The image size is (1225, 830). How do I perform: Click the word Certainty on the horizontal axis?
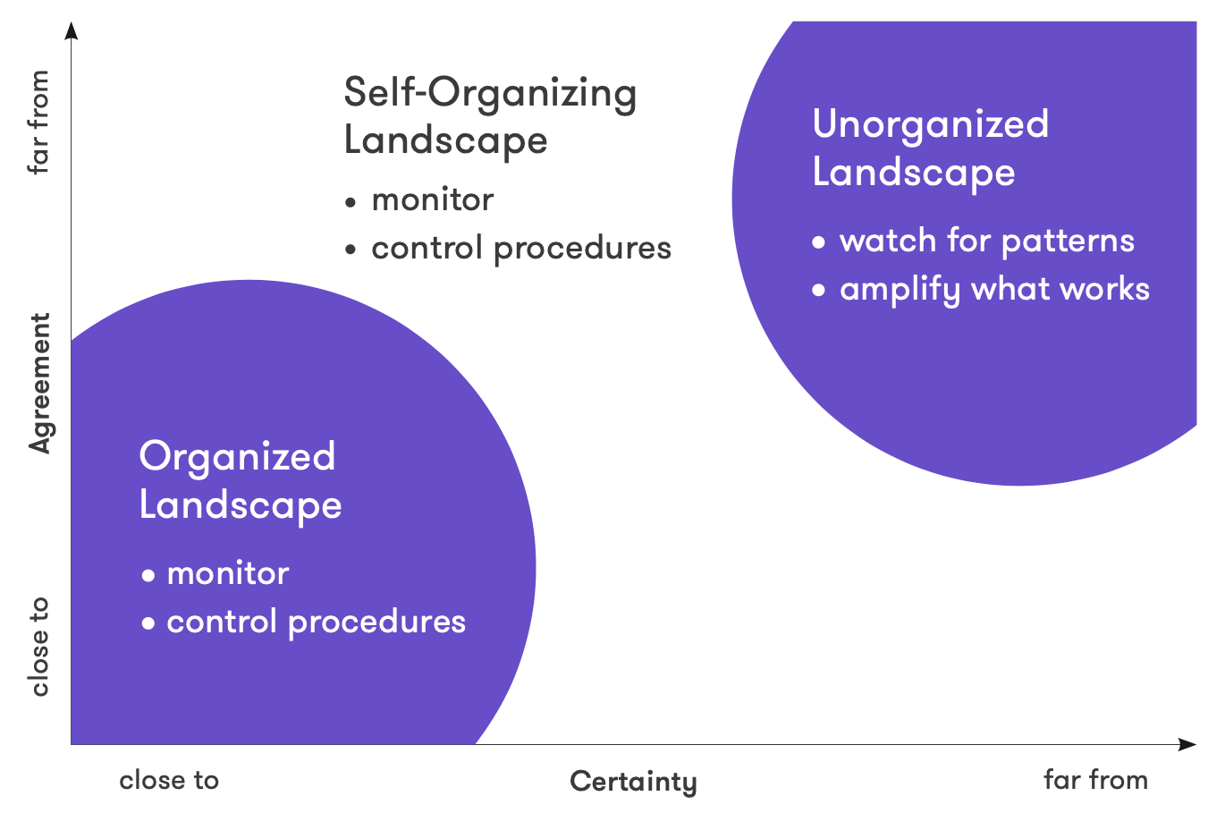point(633,783)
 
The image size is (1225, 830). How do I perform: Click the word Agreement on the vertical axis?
point(39,384)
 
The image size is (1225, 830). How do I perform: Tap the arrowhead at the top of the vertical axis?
point(72,30)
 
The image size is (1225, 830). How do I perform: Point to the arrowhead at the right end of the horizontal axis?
point(1187,744)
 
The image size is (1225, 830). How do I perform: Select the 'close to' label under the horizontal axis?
point(169,780)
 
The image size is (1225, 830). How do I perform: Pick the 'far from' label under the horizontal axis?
point(1095,780)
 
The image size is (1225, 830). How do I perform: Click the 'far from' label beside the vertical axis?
point(38,123)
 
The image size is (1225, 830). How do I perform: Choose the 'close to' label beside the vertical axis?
point(39,647)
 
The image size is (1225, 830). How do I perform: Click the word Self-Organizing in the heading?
point(490,94)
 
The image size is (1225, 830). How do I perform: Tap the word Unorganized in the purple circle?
point(930,125)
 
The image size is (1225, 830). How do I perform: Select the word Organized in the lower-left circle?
point(237,457)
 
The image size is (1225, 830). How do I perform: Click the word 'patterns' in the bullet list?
point(1068,241)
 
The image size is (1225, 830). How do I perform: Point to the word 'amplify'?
point(900,290)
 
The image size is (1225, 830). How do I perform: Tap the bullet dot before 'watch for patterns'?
point(818,241)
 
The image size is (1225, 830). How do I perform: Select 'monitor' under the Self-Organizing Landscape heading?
point(433,199)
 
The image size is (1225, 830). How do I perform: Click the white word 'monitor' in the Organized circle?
point(228,573)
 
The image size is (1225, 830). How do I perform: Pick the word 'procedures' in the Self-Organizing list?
point(582,250)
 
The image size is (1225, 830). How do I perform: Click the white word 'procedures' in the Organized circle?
point(376,623)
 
